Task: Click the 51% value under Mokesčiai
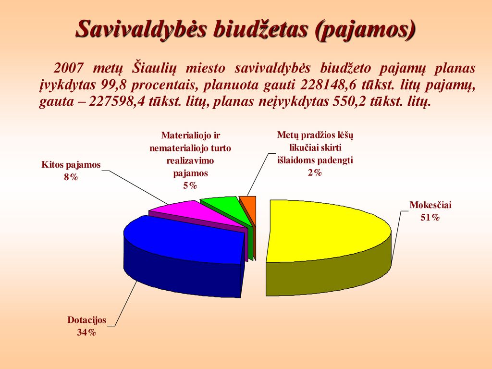coord(430,218)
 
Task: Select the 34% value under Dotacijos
coord(86,332)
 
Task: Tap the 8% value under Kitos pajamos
coord(71,177)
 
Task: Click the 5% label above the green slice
coord(190,186)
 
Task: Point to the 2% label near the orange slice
coord(315,172)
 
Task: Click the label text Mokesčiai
coord(430,205)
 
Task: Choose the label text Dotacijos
coord(86,320)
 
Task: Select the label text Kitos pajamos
coord(71,165)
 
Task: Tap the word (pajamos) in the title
coord(364,30)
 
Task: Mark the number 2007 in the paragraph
coord(69,68)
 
